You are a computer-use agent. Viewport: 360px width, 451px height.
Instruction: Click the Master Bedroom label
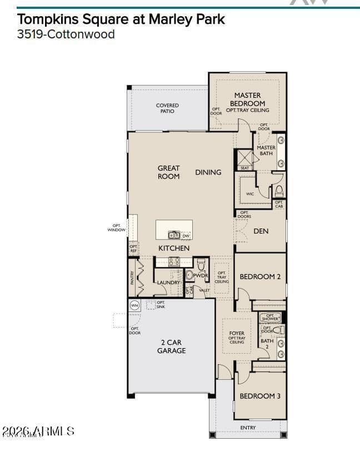247,99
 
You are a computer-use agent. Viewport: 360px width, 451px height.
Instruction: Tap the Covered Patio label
167,108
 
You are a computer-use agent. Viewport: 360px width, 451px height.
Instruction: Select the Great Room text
168,172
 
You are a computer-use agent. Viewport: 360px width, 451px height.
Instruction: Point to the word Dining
208,172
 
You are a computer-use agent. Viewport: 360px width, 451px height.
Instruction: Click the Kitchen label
174,248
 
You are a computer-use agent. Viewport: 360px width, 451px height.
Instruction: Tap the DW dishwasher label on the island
186,236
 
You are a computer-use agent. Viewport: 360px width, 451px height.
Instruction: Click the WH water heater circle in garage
134,305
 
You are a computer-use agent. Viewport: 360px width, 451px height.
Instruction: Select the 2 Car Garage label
171,346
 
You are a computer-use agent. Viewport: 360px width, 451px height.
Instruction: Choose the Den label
261,231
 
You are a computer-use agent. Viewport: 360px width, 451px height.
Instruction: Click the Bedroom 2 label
261,276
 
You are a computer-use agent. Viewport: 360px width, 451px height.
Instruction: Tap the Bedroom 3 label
260,396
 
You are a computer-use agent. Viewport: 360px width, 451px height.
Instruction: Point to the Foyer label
237,334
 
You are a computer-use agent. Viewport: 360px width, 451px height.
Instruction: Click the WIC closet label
250,194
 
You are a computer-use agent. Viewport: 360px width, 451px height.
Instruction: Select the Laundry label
168,283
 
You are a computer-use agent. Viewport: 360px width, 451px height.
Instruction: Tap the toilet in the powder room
202,263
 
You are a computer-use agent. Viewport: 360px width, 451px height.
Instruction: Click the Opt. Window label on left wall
117,227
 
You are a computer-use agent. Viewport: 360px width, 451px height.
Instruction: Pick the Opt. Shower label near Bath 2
270,317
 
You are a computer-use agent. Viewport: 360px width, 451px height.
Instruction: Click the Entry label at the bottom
248,428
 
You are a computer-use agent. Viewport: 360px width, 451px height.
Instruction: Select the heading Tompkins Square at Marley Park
121,19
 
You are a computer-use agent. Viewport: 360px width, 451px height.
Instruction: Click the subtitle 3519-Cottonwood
66,34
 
